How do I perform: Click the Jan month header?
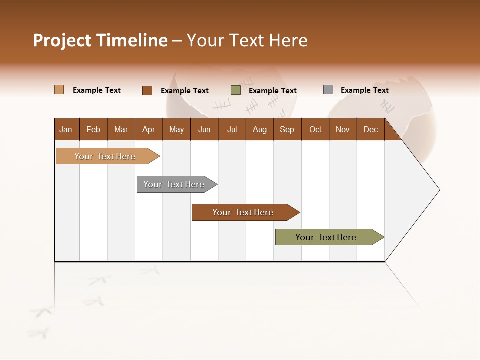click(66, 129)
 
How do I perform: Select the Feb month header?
click(93, 129)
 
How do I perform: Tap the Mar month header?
click(121, 129)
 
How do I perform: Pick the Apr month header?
click(149, 129)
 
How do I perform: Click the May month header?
click(176, 129)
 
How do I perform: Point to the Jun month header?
click(204, 129)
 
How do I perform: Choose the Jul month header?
click(232, 129)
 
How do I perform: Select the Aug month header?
click(260, 129)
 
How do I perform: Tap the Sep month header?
click(287, 129)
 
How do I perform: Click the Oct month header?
click(315, 129)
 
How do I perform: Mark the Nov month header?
click(343, 129)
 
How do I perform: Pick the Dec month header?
click(371, 129)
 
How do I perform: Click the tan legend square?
click(59, 90)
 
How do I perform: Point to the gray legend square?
click(328, 90)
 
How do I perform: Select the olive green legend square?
click(236, 90)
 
